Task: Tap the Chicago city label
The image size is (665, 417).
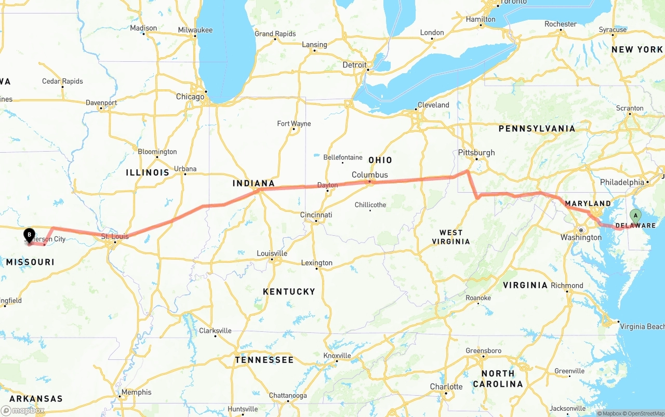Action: [190, 97]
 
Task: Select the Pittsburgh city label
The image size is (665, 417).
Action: [476, 153]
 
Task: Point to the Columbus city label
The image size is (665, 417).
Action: [370, 175]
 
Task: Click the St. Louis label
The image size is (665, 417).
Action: [114, 237]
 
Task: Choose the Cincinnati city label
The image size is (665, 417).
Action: [316, 215]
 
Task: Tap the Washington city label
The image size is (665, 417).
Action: [581, 237]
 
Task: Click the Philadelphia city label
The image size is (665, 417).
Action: [622, 182]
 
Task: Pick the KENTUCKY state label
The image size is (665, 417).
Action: [289, 292]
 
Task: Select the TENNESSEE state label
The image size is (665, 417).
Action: [264, 360]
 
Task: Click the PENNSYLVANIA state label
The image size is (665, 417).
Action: [537, 128]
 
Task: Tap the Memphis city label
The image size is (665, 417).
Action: [136, 392]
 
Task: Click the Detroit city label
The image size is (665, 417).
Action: [354, 65]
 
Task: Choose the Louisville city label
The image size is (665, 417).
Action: [272, 253]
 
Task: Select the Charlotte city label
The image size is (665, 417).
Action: [446, 386]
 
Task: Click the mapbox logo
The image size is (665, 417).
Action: [23, 410]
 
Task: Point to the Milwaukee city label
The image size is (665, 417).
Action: [195, 30]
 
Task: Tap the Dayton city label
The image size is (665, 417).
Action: [327, 185]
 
